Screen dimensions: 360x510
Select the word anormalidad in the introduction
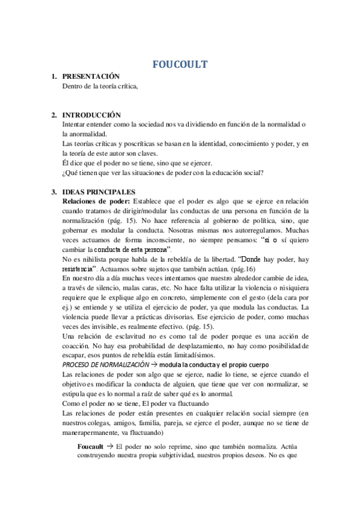(84, 134)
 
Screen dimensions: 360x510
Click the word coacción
(78, 346)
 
